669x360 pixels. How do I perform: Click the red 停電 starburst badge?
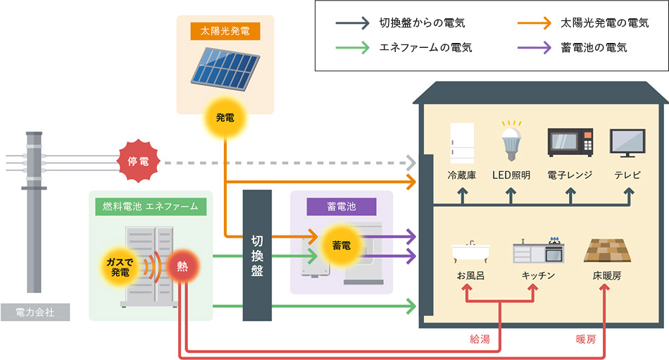pos(137,162)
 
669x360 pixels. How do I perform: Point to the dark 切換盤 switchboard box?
pos(257,255)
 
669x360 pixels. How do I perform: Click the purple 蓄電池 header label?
pos(342,206)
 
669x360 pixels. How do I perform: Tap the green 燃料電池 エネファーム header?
pos(151,206)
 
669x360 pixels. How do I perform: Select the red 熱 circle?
pos(182,266)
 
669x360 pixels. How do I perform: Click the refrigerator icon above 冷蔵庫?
pos(462,143)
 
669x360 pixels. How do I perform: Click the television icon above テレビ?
pos(627,143)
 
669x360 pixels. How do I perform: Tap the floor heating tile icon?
pos(606,251)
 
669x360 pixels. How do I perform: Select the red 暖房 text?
pos(586,339)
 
